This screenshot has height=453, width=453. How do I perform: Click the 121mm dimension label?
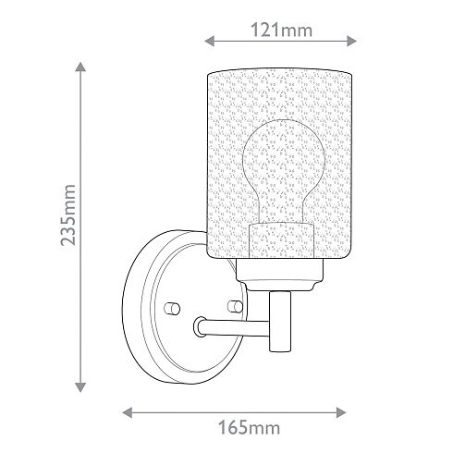click(x=281, y=31)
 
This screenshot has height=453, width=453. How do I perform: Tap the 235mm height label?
click(x=67, y=215)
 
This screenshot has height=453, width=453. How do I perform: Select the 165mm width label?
click(x=249, y=428)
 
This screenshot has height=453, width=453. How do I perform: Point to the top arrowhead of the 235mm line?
click(x=80, y=67)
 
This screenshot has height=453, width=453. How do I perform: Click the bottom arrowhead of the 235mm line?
click(x=80, y=387)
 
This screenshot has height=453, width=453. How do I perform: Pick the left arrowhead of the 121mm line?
click(x=210, y=41)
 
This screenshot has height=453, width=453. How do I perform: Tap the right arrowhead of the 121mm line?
click(x=351, y=41)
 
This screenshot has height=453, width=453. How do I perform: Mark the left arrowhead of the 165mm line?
click(x=128, y=412)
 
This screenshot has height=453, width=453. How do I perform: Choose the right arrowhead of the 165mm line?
click(x=341, y=412)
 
